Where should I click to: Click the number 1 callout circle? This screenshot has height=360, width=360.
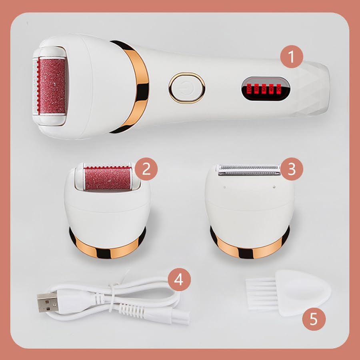coord(291,57)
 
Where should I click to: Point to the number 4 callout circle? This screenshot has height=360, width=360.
coord(179,279)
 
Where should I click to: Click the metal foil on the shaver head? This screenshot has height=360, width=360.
coord(248,170)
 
